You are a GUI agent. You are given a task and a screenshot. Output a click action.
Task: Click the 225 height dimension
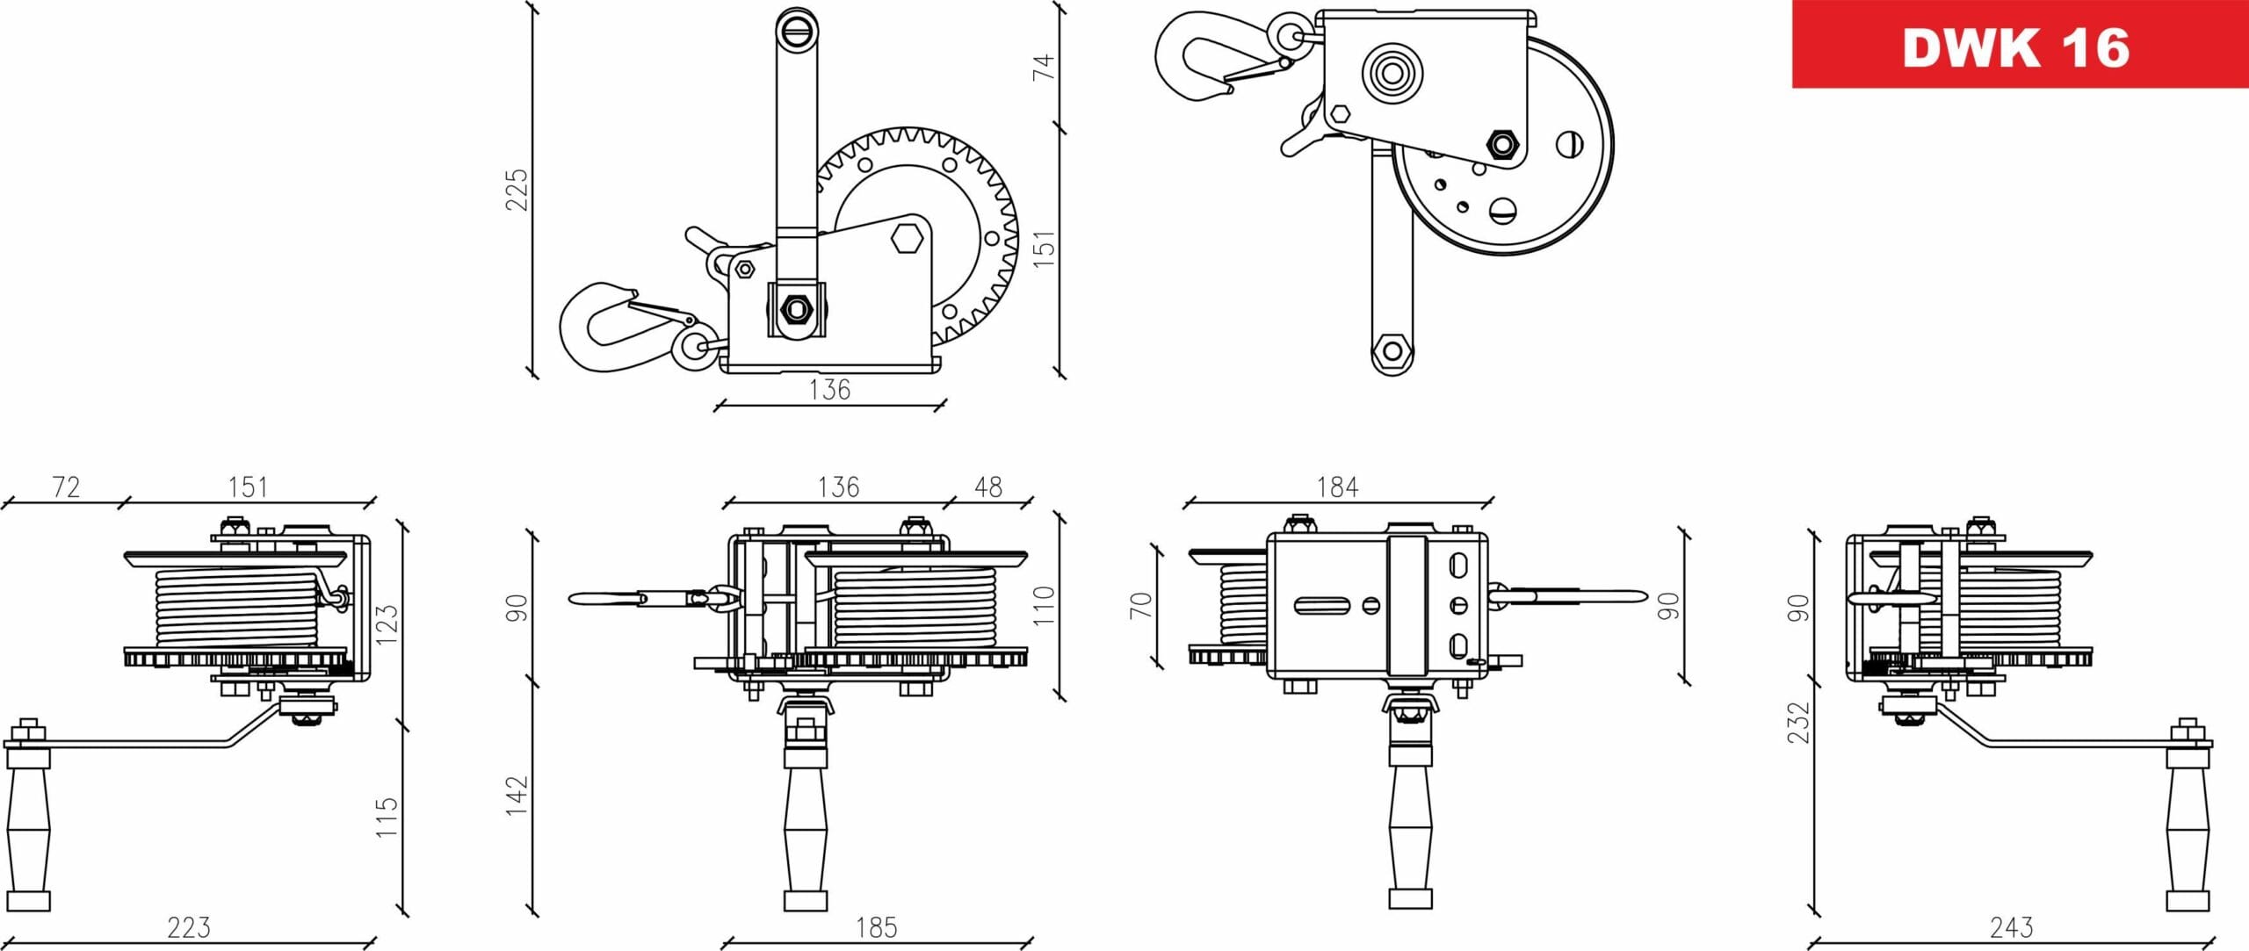pyautogui.click(x=517, y=190)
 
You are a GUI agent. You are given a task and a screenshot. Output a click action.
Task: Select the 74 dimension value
pyautogui.click(x=1043, y=68)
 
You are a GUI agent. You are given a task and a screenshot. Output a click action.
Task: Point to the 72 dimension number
pyautogui.click(x=66, y=487)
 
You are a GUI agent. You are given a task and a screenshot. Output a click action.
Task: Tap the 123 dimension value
pyautogui.click(x=387, y=624)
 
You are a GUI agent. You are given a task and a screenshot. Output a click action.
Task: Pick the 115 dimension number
pyautogui.click(x=387, y=817)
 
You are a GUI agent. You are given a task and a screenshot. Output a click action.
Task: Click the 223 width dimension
pyautogui.click(x=189, y=927)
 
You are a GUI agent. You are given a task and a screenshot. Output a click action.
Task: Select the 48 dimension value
pyautogui.click(x=988, y=487)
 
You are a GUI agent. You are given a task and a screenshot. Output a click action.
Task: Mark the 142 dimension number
pyautogui.click(x=517, y=796)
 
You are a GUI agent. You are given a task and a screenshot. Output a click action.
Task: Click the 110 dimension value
pyautogui.click(x=1043, y=606)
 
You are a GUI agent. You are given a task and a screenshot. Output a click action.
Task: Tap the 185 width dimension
pyautogui.click(x=876, y=927)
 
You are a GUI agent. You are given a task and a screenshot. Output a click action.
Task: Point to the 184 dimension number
pyautogui.click(x=1337, y=487)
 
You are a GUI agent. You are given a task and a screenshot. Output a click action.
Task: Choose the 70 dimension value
pyautogui.click(x=1140, y=605)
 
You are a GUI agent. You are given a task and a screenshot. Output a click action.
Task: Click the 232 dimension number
pyautogui.click(x=1798, y=722)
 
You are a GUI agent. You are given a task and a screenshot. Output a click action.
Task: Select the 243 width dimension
pyautogui.click(x=2011, y=927)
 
